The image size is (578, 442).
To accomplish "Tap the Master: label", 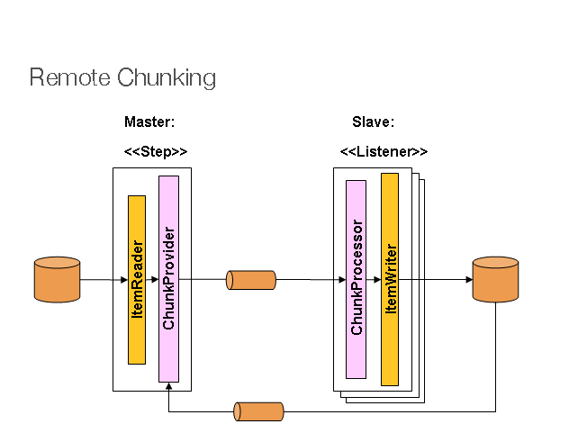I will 149,122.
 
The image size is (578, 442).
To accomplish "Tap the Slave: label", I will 373,122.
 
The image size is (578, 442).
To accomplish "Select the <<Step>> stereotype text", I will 155,151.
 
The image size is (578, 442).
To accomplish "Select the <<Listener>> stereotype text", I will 384,151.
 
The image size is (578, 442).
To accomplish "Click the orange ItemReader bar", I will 137,279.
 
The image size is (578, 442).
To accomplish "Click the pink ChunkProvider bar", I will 168,279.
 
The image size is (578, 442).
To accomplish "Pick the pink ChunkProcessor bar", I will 357,279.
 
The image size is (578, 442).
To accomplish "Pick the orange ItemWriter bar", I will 390,279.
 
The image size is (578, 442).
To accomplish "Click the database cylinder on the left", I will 57,279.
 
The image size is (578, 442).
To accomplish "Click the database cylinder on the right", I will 495,279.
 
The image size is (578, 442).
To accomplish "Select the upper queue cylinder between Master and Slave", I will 251,280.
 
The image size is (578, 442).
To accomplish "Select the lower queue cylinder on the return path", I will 259,412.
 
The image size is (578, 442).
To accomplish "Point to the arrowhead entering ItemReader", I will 123,280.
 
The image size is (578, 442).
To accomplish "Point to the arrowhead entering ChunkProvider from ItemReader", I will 155,280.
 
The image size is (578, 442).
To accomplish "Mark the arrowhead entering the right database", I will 468,280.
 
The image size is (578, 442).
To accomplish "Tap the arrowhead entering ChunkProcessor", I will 342,280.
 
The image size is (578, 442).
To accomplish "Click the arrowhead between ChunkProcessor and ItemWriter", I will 376,280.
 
